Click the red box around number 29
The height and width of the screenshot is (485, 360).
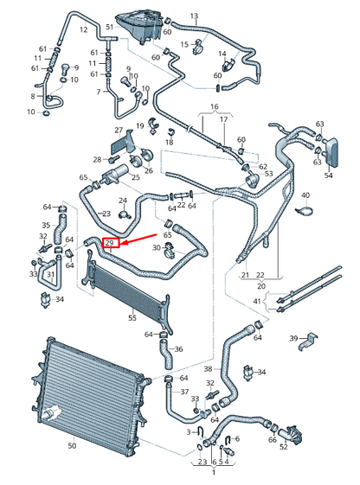[x=111, y=243]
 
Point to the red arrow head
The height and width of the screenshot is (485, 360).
[x=123, y=243]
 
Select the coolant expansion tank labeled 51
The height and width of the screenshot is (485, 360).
[x=138, y=26]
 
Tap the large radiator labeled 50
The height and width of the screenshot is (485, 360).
[x=90, y=395]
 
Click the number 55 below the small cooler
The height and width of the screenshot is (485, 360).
[x=132, y=317]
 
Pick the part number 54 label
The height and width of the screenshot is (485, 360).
[x=329, y=175]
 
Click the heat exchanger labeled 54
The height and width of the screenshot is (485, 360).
[x=331, y=152]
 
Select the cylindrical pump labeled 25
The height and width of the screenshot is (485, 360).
[x=114, y=174]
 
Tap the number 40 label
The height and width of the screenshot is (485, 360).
[x=305, y=195]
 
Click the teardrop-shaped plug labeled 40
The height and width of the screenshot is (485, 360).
[x=304, y=212]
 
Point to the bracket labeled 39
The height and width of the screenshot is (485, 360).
[x=308, y=341]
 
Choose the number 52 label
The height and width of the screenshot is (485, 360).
[x=284, y=447]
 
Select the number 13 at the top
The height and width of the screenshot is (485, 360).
[x=194, y=16]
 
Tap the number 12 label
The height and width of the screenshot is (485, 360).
[x=84, y=29]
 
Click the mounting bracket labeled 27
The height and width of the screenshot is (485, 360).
[x=123, y=144]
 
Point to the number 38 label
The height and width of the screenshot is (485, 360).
[x=209, y=368]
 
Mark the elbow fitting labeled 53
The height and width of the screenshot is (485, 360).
[x=253, y=180]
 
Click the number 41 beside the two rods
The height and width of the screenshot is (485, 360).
[x=257, y=301]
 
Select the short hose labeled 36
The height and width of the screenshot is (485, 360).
[x=166, y=354]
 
